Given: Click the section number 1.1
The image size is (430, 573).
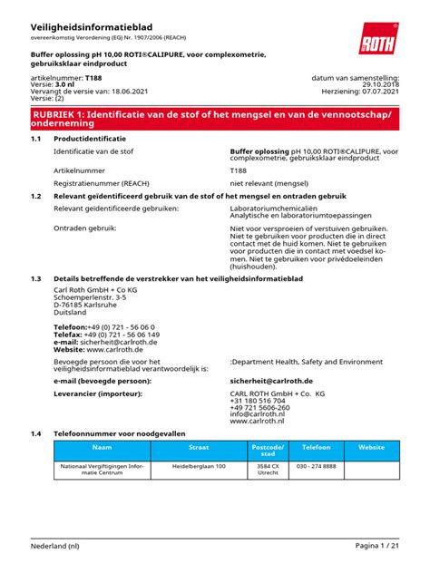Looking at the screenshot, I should [36, 139].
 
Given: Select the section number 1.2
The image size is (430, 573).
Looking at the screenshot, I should [36, 195].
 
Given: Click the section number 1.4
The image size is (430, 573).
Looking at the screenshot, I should [36, 433].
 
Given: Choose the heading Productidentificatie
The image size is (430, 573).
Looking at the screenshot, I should [89, 139].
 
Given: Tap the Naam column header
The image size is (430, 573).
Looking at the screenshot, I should [101, 448].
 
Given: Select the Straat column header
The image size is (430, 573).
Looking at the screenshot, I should [199, 448].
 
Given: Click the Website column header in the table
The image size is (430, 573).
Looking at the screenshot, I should [372, 448].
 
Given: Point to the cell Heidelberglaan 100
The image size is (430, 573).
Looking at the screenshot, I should [199, 466].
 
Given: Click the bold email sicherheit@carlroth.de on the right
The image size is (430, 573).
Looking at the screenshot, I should [271, 381].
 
